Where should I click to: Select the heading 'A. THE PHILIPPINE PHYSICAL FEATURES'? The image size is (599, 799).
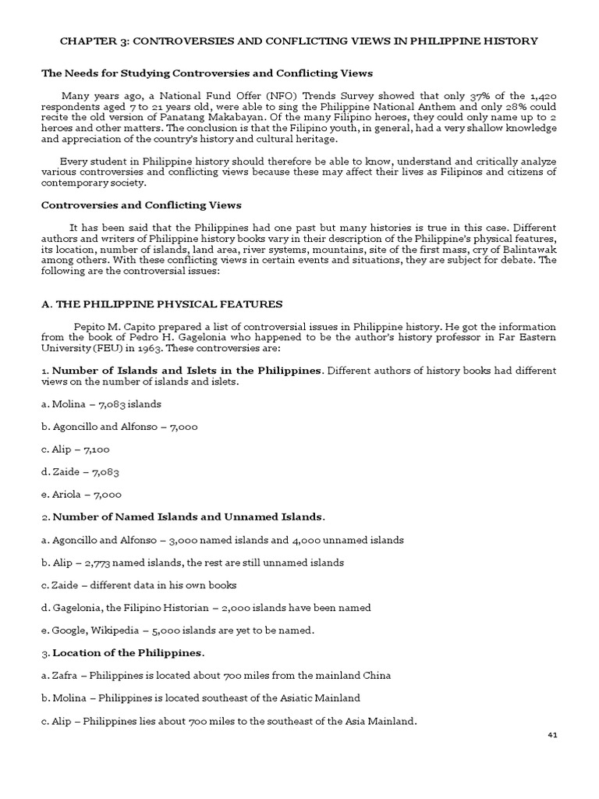pos(161,304)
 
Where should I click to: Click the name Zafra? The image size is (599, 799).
pos(66,675)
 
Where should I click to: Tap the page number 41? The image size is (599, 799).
pos(551,735)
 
